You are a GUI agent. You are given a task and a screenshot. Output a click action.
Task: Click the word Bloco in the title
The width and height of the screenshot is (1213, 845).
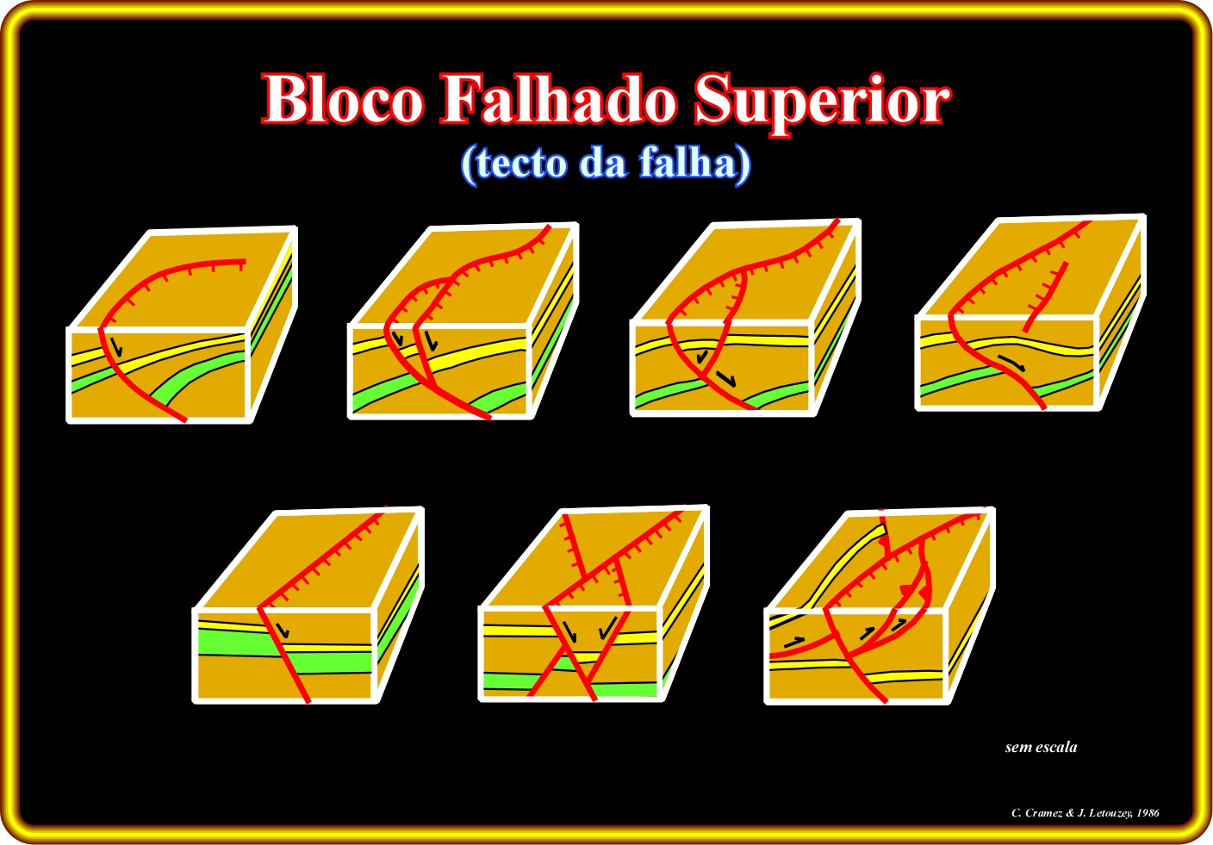[x=342, y=100]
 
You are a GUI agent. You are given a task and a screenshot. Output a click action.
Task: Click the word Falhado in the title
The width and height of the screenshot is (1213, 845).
[x=558, y=100]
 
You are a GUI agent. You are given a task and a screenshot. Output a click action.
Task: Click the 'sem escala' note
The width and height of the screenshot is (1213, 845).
[x=1041, y=748]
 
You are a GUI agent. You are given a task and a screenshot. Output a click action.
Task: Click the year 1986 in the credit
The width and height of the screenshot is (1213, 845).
[x=1148, y=812]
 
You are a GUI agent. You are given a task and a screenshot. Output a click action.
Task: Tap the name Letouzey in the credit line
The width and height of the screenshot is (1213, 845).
[x=1107, y=813]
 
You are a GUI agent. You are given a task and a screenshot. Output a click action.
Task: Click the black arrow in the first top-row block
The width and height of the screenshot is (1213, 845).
[x=116, y=346]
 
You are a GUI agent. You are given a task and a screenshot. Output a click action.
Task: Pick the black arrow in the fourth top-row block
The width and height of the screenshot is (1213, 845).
[x=1011, y=363]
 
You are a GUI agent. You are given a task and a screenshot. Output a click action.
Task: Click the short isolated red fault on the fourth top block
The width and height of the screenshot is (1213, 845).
[x=1045, y=296]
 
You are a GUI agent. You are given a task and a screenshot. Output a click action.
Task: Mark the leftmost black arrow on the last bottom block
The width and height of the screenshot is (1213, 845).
[x=794, y=642]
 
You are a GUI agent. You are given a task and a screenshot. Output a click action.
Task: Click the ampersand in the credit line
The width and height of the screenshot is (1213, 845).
[x=1070, y=812]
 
